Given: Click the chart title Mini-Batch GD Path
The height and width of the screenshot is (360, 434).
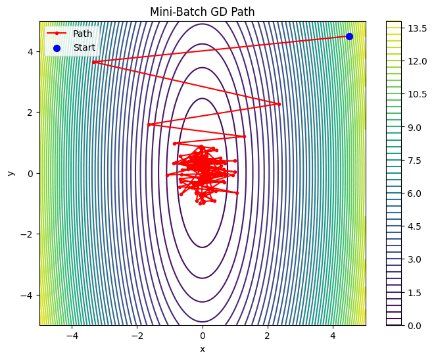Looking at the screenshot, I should pyautogui.click(x=203, y=11).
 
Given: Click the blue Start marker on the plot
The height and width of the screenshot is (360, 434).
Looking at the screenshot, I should pyautogui.click(x=349, y=36).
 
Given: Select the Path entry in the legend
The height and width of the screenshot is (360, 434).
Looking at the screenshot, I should pyautogui.click(x=82, y=34).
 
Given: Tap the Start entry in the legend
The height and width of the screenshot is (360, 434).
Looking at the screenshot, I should pyautogui.click(x=84, y=47).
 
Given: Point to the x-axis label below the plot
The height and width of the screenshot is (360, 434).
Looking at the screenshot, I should pyautogui.click(x=203, y=349).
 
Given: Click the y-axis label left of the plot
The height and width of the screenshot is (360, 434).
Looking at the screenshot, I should pyautogui.click(x=11, y=173).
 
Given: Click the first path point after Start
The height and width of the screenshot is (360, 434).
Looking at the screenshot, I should pyautogui.click(x=94, y=62).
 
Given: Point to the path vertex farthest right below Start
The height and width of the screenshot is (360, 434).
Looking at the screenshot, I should pyautogui.click(x=279, y=104).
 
